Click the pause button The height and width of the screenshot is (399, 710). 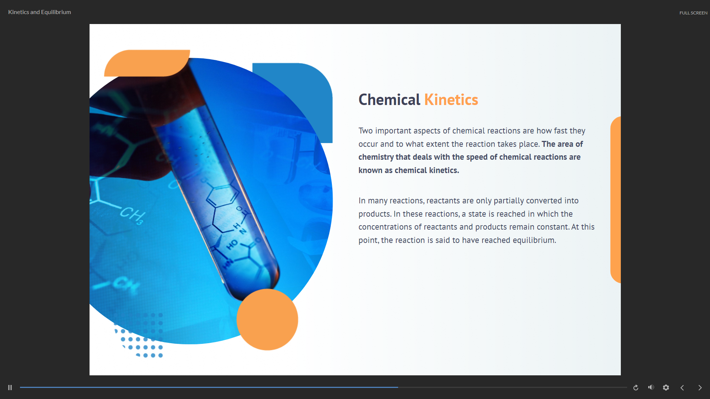tap(10, 388)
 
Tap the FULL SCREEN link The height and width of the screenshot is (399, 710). tap(693, 13)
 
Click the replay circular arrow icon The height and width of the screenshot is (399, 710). tap(636, 388)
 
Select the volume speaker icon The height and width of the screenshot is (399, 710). tap(651, 387)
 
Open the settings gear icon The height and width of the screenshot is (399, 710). tap(666, 388)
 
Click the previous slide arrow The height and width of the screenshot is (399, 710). tap(682, 388)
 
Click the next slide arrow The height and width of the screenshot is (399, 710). tap(700, 388)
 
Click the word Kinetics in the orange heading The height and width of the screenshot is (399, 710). tap(451, 100)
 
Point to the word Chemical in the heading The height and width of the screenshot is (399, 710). tap(389, 100)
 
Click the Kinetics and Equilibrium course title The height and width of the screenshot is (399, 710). tap(40, 12)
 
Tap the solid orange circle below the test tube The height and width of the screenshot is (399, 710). tap(267, 319)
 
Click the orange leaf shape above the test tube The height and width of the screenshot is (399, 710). tap(147, 63)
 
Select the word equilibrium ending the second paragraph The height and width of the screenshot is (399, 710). tap(534, 240)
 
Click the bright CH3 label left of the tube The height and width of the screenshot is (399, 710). tap(132, 214)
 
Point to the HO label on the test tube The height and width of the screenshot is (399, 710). tap(232, 244)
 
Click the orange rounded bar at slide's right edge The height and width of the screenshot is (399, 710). tap(616, 200)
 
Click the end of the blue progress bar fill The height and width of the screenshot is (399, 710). tap(398, 387)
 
